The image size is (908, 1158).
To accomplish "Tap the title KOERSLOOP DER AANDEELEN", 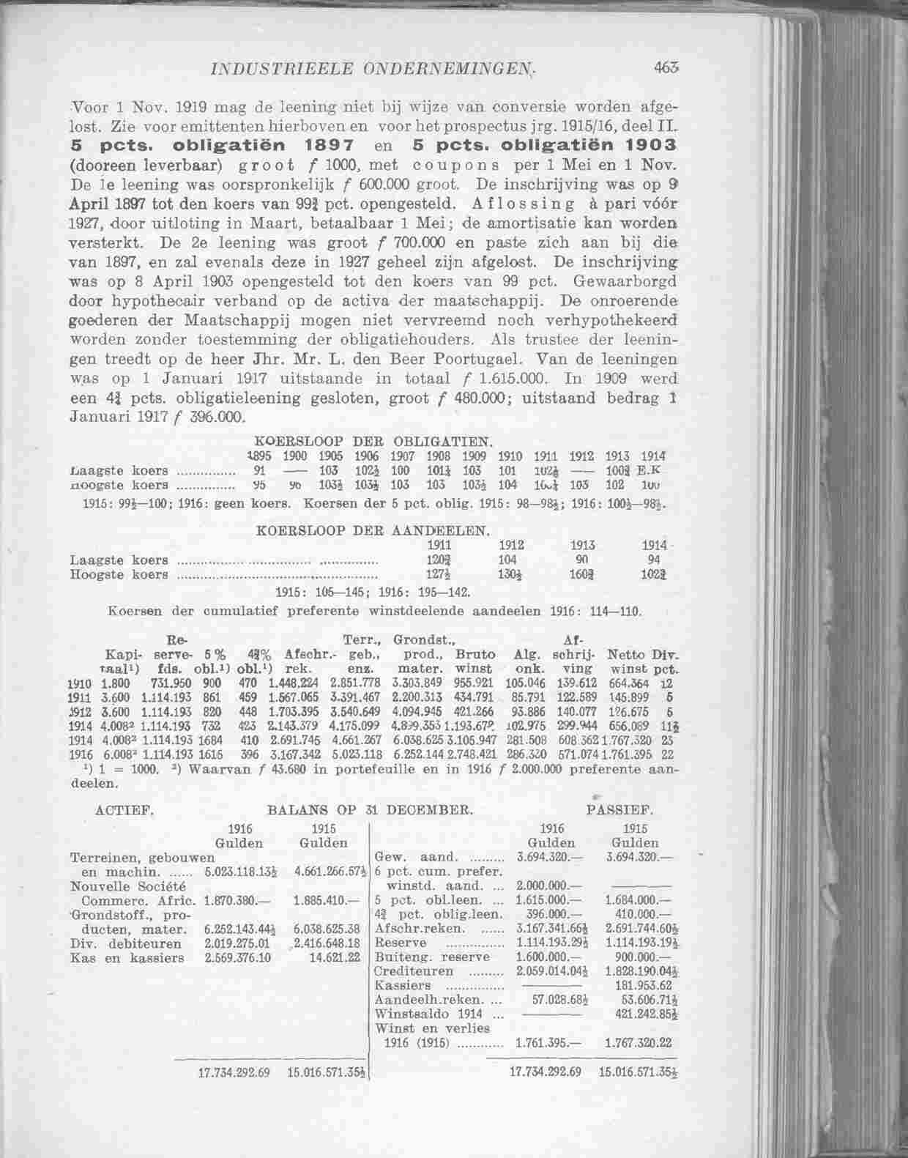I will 374,530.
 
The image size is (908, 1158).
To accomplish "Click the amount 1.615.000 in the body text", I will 517,379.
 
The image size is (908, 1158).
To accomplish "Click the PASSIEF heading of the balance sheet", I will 620,811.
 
